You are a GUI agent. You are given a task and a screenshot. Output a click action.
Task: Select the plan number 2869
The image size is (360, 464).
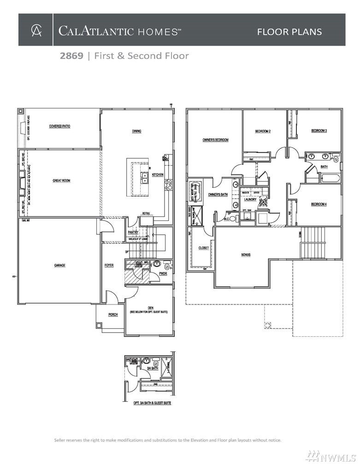(71, 56)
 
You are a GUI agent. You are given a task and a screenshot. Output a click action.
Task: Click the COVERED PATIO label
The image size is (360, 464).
(60, 126)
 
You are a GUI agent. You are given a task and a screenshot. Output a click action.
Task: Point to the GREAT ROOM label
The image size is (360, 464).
(61, 181)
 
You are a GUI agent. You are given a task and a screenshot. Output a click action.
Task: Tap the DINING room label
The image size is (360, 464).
(136, 131)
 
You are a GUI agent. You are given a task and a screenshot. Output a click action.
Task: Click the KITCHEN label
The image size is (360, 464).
(158, 175)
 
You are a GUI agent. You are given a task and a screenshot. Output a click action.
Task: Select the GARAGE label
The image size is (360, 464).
(59, 265)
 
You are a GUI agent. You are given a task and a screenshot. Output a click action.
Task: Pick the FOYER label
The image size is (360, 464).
(109, 265)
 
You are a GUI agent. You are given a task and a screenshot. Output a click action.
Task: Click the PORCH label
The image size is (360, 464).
(113, 315)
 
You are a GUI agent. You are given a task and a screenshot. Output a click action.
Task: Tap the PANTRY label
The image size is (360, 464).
(133, 232)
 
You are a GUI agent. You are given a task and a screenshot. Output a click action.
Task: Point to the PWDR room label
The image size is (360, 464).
(163, 274)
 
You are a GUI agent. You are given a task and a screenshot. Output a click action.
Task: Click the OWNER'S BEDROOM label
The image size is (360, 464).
(215, 140)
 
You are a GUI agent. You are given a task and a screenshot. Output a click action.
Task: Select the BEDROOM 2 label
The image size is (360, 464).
(263, 131)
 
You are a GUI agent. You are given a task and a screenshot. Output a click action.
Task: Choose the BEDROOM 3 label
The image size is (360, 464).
(319, 131)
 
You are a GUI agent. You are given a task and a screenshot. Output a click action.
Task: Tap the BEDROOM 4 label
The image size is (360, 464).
(319, 204)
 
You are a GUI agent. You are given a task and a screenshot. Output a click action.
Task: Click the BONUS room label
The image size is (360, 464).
(246, 255)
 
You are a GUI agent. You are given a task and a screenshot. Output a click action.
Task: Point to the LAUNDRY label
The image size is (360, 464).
(250, 200)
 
